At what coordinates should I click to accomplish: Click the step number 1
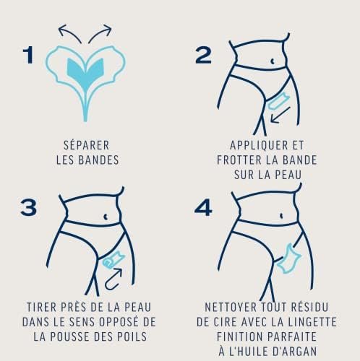(28, 55)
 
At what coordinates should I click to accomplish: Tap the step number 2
(203, 55)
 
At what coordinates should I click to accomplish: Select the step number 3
(29, 207)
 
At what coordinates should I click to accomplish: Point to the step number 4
(203, 207)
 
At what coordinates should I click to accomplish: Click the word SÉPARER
(87, 145)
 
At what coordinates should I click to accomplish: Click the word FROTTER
(239, 160)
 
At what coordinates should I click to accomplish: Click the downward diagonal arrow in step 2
(280, 115)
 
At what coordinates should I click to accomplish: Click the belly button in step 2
(273, 61)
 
